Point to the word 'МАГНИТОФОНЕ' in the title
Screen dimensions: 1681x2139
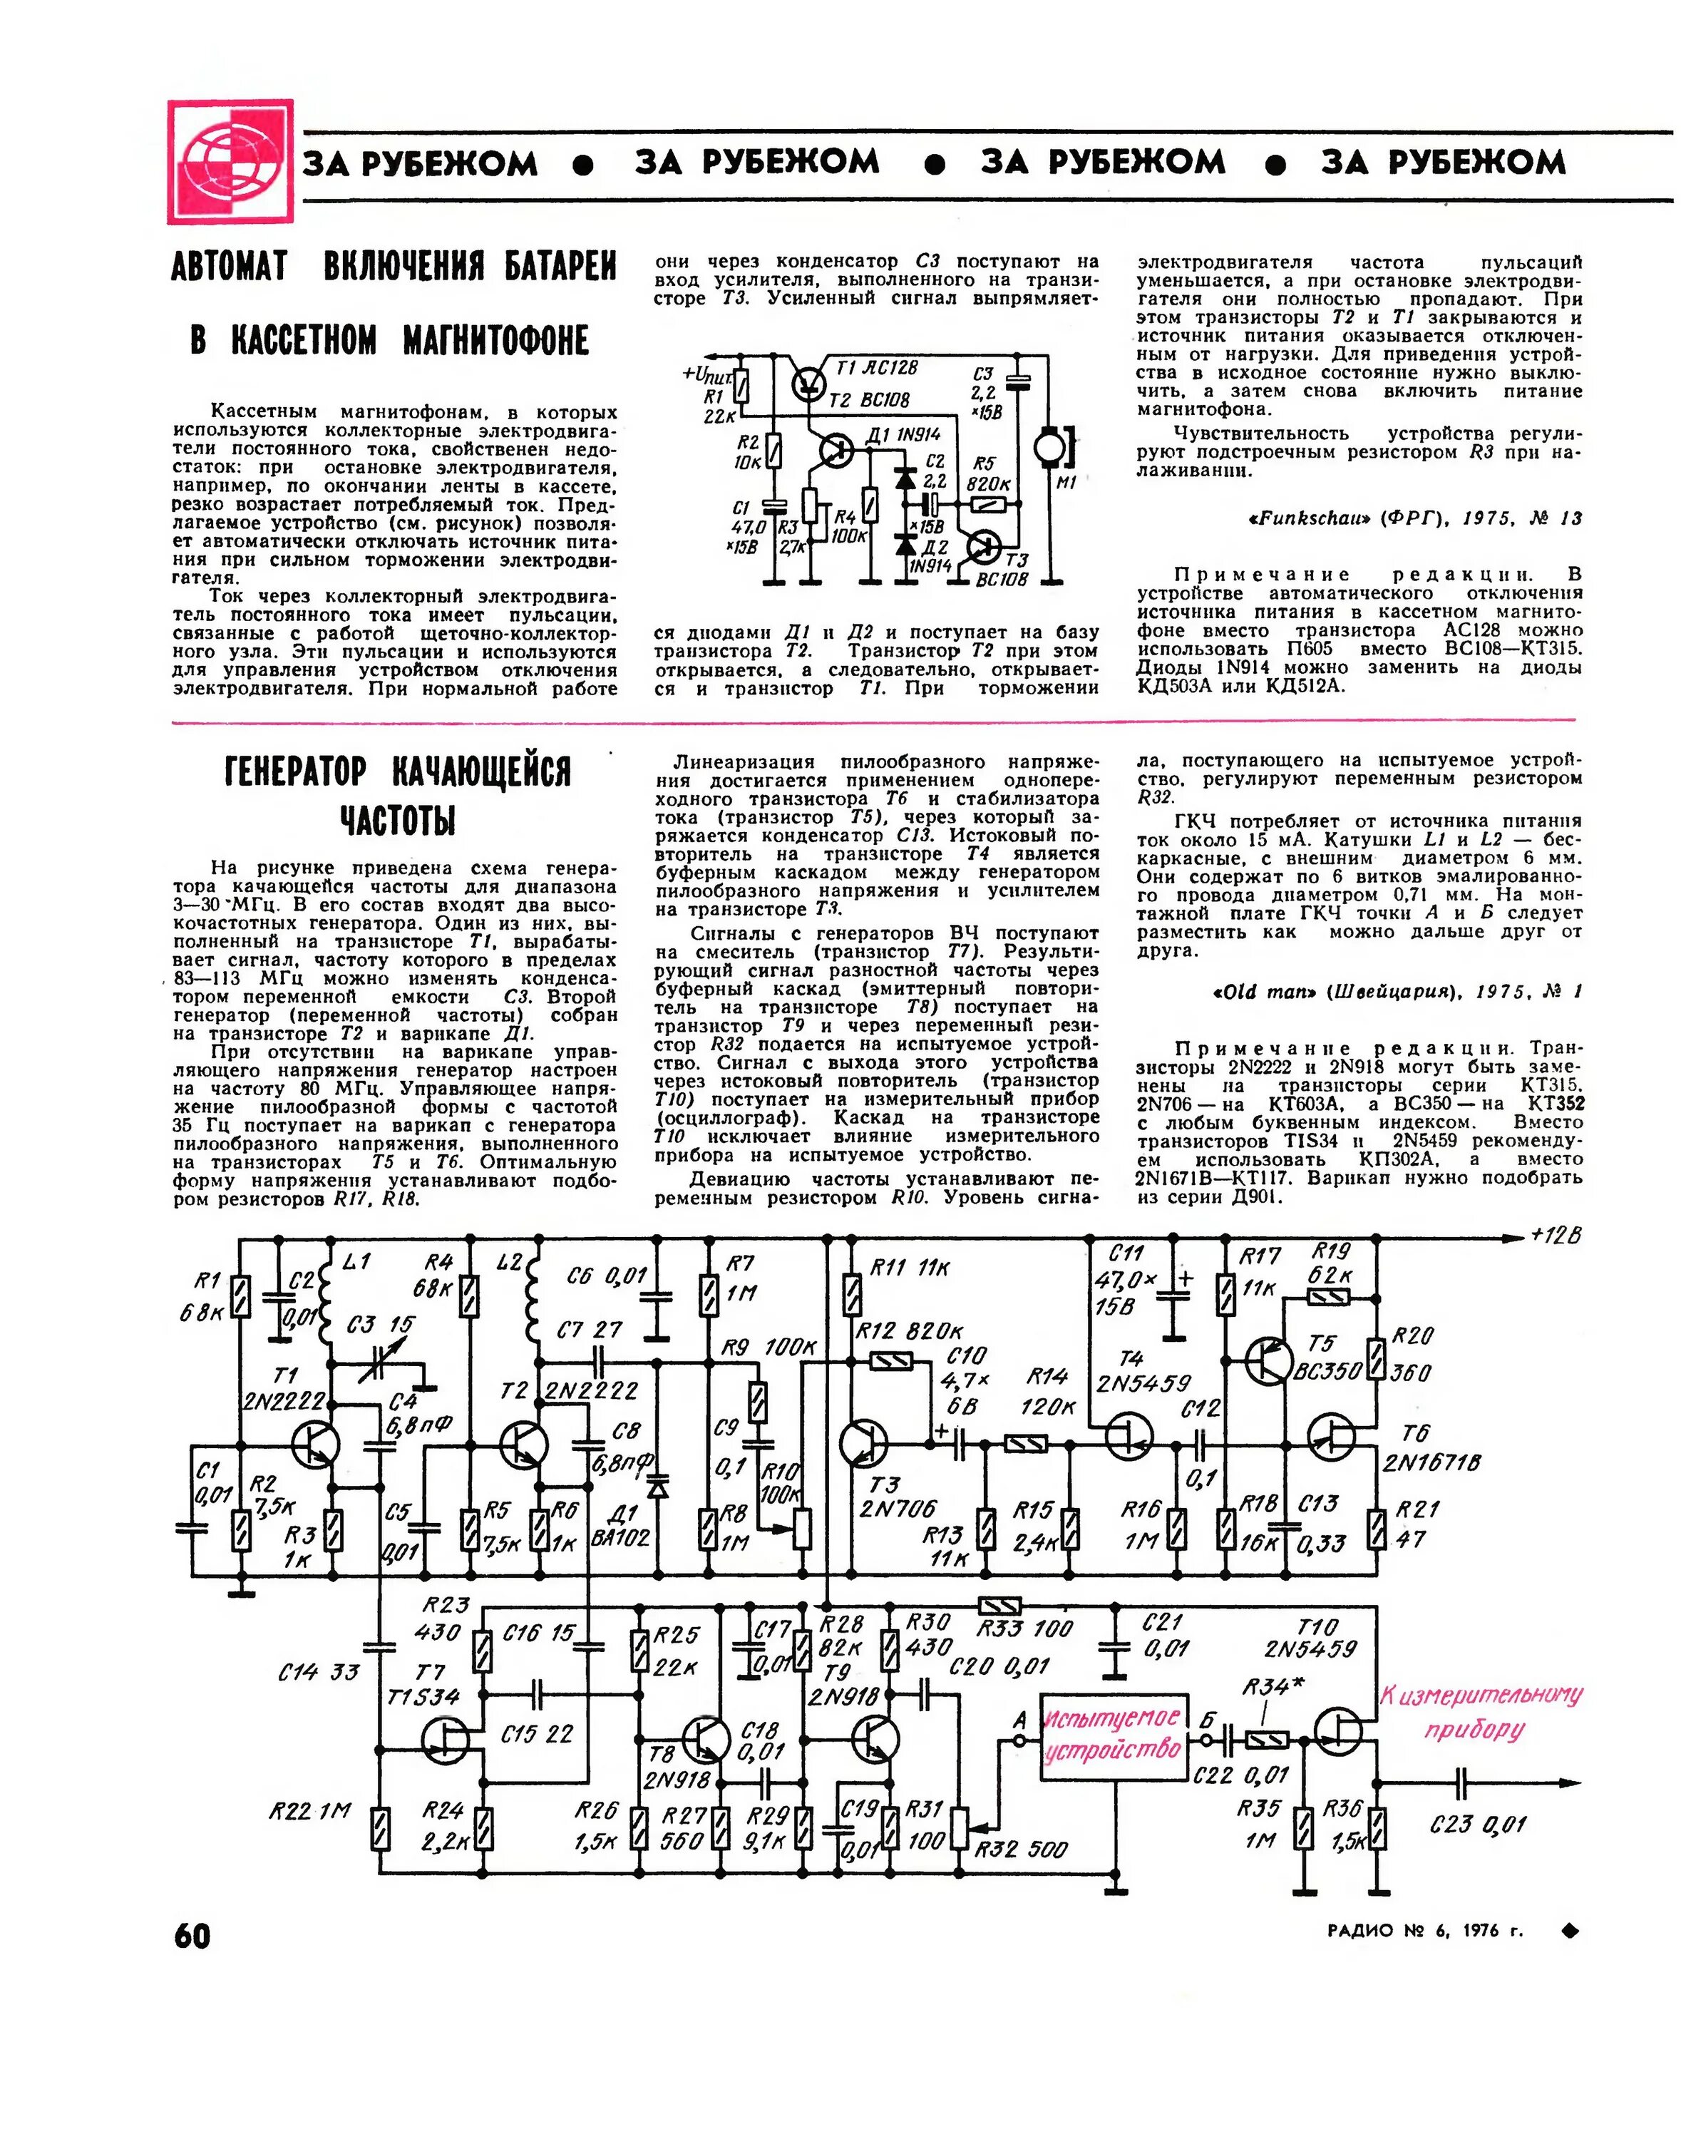tap(496, 341)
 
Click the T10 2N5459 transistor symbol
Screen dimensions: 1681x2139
tap(1340, 1730)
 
